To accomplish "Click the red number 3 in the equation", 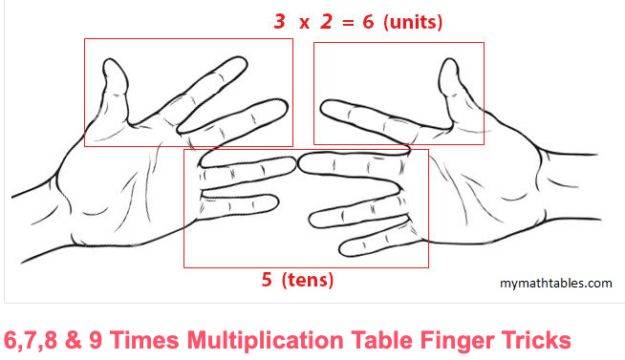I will pyautogui.click(x=279, y=21).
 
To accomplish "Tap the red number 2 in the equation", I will pyautogui.click(x=326, y=21).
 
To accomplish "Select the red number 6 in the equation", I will pyautogui.click(x=369, y=21).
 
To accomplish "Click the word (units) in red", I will pyautogui.click(x=413, y=21).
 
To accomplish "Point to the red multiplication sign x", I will pyautogui.click(x=304, y=22).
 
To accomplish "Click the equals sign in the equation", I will pyautogui.click(x=348, y=22).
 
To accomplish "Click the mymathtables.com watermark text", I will pyautogui.click(x=555, y=283).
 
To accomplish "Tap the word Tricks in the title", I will pyautogui.click(x=537, y=339).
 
